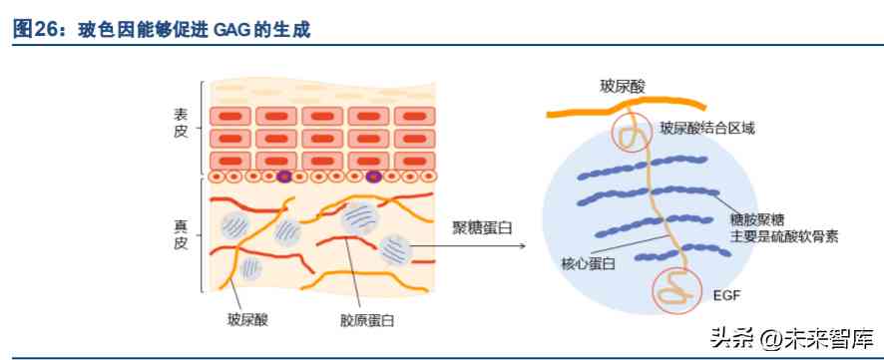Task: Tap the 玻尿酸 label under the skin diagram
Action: (x=246, y=321)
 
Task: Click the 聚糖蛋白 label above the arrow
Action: (x=481, y=227)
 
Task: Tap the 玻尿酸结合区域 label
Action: (x=708, y=129)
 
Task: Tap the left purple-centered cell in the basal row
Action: (x=283, y=178)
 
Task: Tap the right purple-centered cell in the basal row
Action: (x=374, y=178)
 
